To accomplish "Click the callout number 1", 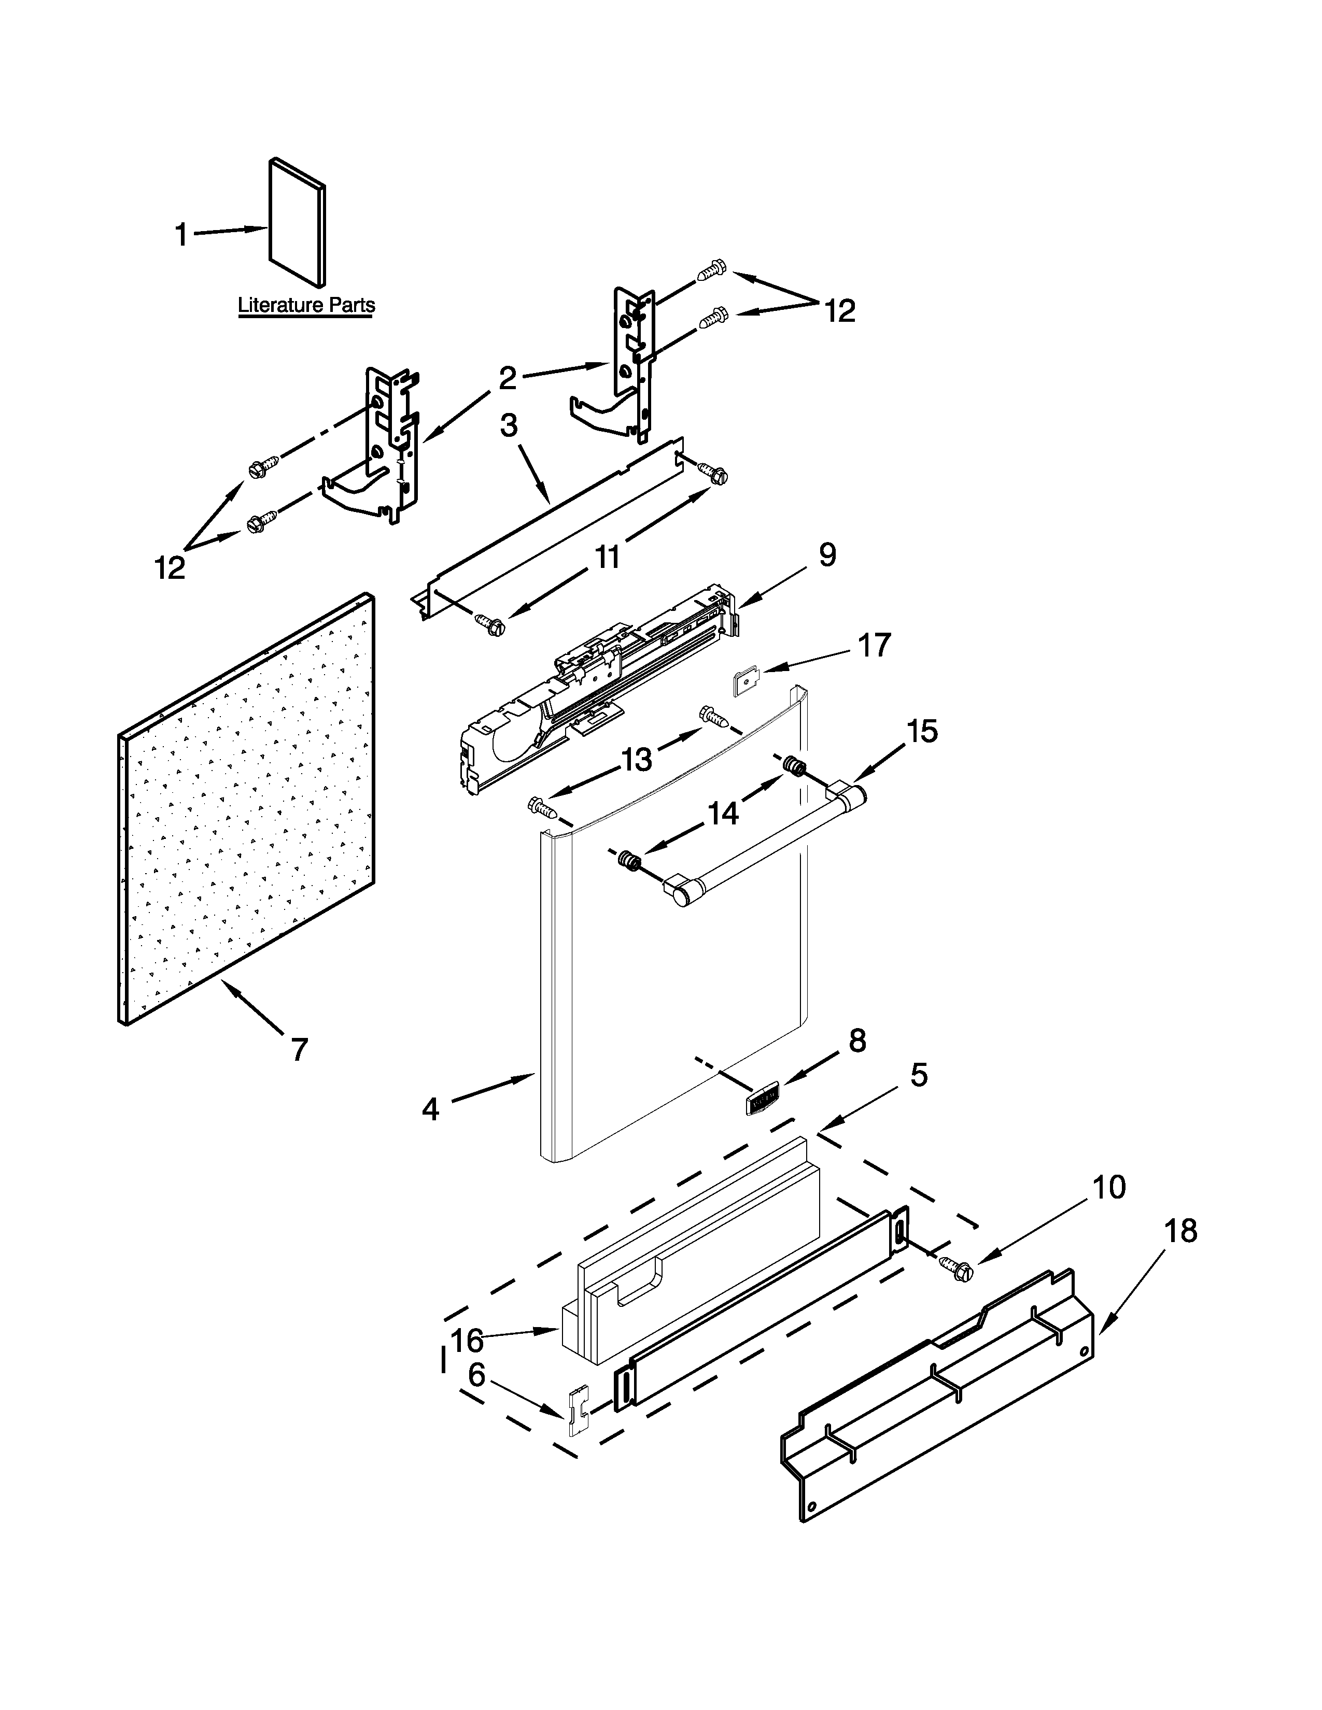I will pyautogui.click(x=181, y=234).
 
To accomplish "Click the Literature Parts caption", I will pyautogui.click(x=306, y=305).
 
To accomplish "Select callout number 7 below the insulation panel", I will pyautogui.click(x=299, y=1049).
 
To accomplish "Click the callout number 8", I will pyautogui.click(x=857, y=1041).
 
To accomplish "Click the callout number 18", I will pyautogui.click(x=1181, y=1232).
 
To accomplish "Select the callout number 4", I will pyautogui.click(x=431, y=1109).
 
